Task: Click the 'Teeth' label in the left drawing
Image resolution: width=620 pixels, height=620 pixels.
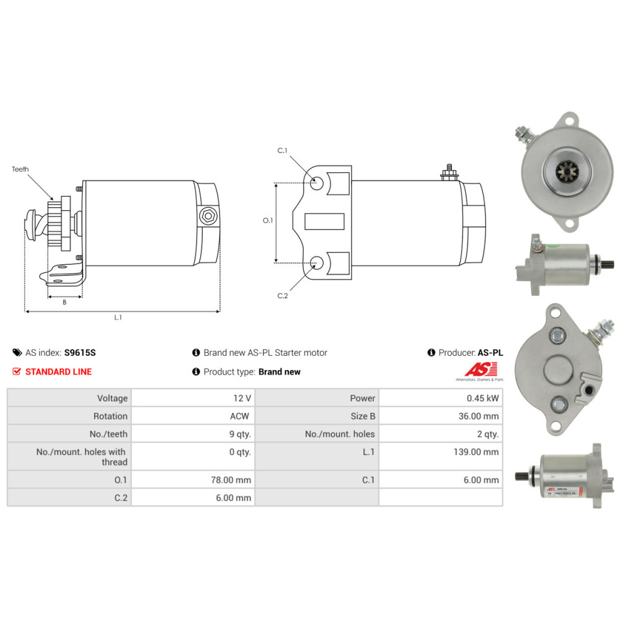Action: click(20, 169)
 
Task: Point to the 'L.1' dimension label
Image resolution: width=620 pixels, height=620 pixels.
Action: click(118, 317)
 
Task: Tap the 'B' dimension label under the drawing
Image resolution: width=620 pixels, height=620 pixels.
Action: click(64, 303)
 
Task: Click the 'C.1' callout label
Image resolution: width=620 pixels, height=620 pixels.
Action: click(282, 151)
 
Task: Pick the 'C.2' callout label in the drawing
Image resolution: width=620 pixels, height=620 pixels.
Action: click(282, 296)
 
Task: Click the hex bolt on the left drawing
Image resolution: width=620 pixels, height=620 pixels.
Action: click(208, 217)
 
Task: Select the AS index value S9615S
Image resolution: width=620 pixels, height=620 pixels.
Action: click(80, 353)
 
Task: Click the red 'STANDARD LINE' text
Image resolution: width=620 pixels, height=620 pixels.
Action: click(58, 372)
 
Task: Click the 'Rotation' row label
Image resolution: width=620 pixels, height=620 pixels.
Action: click(110, 416)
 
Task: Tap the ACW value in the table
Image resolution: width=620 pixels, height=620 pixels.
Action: click(241, 416)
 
